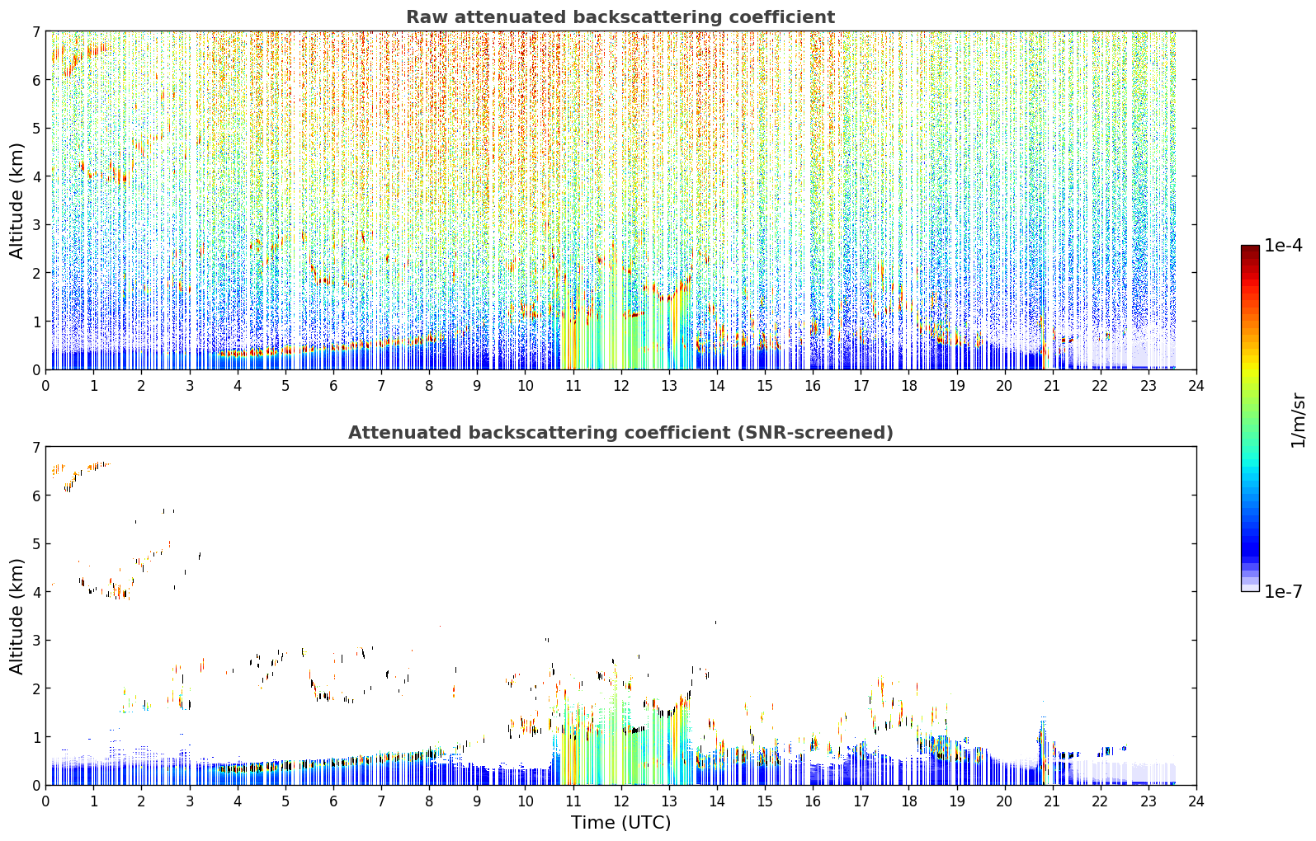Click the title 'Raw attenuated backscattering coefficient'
pos(620,17)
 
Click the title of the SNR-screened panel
pos(620,433)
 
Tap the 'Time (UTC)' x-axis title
pos(620,823)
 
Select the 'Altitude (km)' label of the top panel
pos(17,201)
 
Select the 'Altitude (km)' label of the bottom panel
pos(17,617)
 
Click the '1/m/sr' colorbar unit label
pos(1298,420)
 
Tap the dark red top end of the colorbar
pos(1250,247)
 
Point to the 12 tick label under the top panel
pos(621,386)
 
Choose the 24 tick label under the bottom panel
pos(1196,801)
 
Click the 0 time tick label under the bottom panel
pos(46,801)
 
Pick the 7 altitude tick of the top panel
pos(36,31)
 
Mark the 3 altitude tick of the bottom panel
pos(36,640)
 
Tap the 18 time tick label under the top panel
pos(909,386)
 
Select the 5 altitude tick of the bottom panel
pos(36,544)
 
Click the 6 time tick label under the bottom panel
pos(333,801)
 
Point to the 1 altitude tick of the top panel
pos(36,322)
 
